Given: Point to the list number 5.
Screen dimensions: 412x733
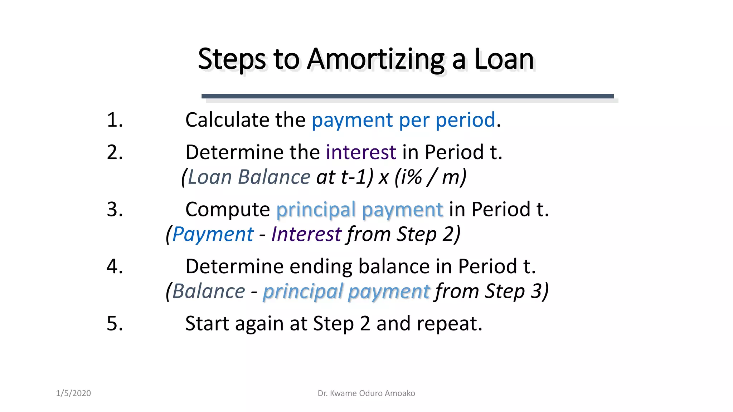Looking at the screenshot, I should pos(115,324).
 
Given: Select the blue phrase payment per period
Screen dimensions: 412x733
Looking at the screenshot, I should pos(403,121).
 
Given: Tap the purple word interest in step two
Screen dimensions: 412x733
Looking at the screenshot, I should pos(361,152).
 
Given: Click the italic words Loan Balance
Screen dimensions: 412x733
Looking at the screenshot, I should pos(249,177).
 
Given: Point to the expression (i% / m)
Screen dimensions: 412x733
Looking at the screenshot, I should pos(431,177).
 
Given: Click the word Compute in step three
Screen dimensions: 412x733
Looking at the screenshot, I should pos(227,210).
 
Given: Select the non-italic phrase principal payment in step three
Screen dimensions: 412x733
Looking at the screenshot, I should pos(359,210).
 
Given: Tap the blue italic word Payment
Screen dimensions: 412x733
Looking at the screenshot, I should pos(213,235).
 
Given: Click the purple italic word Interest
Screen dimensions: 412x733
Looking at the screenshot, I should pos(306,235).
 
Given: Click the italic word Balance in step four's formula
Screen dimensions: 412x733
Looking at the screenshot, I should pos(208,291).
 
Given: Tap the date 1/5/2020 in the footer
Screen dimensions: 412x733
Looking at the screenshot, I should pos(73,393).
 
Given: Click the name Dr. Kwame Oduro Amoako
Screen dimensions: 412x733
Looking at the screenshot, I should pos(366,393).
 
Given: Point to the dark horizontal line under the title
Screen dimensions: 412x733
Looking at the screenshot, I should pos(407,96).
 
